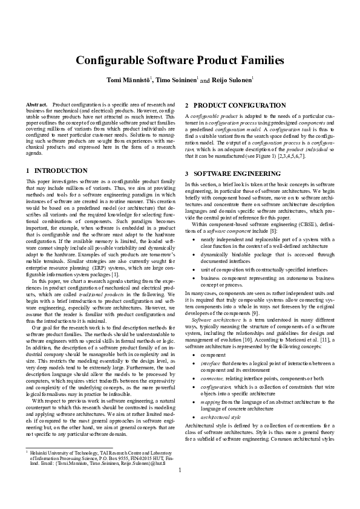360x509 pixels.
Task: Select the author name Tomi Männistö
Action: [129, 80]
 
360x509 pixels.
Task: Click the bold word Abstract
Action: [37, 105]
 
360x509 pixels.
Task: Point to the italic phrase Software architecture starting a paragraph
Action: [212, 319]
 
